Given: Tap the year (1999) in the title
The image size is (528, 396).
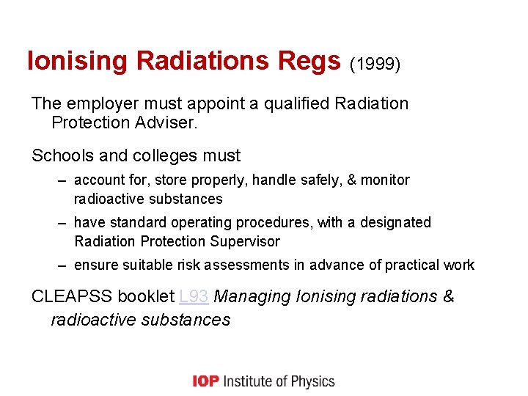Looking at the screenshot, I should (x=375, y=65).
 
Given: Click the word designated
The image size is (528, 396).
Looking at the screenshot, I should (x=397, y=222).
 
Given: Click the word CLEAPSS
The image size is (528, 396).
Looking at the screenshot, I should (x=70, y=297).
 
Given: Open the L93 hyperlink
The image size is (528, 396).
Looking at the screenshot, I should (x=194, y=297).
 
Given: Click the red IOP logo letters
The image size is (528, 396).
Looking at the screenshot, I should (x=205, y=381).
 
